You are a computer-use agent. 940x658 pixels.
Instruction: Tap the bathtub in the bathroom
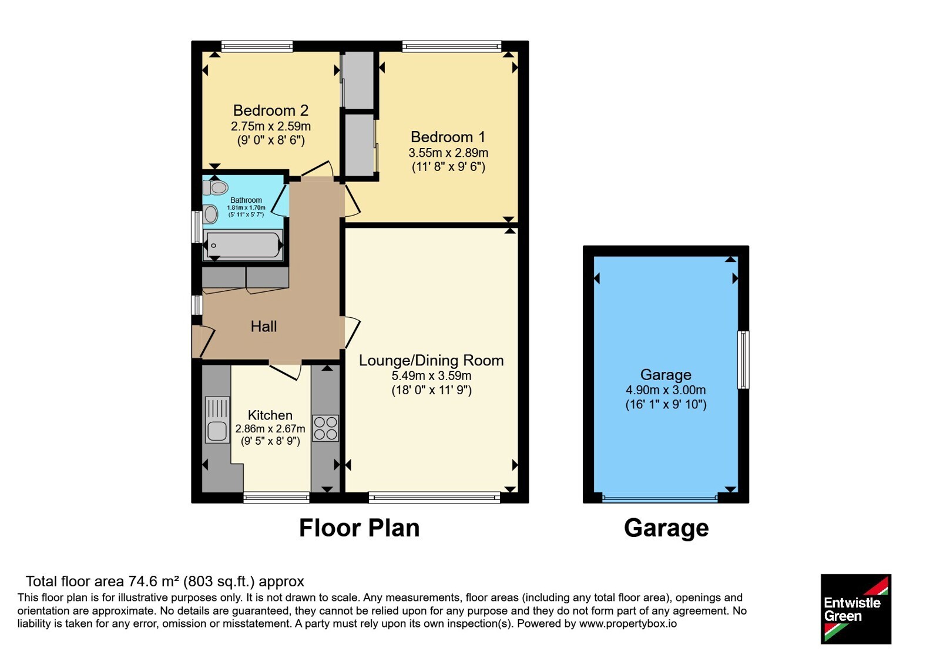pyautogui.click(x=243, y=245)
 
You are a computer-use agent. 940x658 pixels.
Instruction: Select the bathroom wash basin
pyautogui.click(x=210, y=214)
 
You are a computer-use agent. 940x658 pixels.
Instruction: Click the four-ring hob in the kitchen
pyautogui.click(x=325, y=428)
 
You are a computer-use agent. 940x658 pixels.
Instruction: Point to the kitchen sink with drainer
pyautogui.click(x=217, y=420)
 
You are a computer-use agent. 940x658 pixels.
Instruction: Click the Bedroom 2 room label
pyautogui.click(x=271, y=110)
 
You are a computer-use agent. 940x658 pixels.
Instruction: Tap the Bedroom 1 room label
pyautogui.click(x=448, y=137)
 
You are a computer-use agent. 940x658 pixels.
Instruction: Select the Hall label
pyautogui.click(x=264, y=327)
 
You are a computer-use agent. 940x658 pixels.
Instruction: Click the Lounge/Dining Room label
pyautogui.click(x=431, y=361)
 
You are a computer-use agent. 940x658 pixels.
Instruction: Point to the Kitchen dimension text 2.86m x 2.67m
pyautogui.click(x=270, y=429)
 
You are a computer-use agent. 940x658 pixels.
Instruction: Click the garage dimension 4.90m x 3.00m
pyautogui.click(x=666, y=390)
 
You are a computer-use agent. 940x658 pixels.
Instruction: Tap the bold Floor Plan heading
pyautogui.click(x=359, y=528)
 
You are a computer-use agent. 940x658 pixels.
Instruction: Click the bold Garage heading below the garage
pyautogui.click(x=666, y=529)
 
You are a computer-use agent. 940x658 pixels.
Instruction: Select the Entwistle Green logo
pyautogui.click(x=856, y=609)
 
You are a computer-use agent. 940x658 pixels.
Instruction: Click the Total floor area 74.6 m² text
pyautogui.click(x=165, y=581)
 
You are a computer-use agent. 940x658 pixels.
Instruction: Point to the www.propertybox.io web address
pyautogui.click(x=628, y=623)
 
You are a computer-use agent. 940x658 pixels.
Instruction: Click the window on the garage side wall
pyautogui.click(x=743, y=360)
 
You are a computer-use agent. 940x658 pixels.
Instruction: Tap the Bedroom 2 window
pyautogui.click(x=257, y=46)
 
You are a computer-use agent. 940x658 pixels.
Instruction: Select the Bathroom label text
pyautogui.click(x=246, y=200)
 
